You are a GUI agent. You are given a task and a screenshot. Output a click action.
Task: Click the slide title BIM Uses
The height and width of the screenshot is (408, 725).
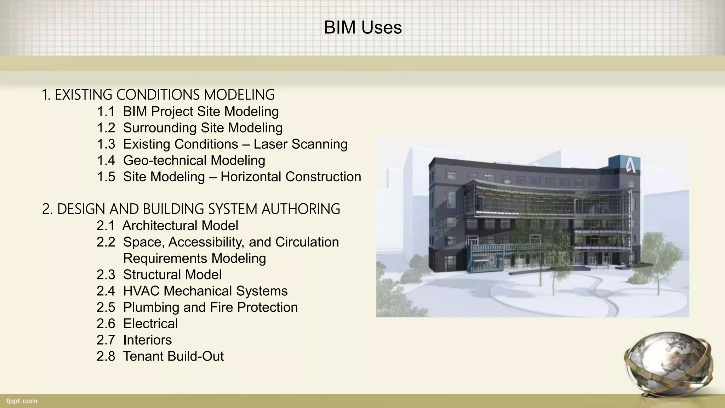[362, 28]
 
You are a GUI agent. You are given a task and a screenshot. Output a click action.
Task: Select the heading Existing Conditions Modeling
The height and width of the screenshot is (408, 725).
[158, 95]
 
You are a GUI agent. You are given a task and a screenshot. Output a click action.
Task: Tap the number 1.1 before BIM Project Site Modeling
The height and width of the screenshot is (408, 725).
[106, 112]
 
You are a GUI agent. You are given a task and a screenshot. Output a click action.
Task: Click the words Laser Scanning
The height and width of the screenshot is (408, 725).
[301, 144]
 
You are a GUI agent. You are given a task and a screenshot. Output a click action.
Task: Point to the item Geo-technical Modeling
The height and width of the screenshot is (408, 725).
[194, 160]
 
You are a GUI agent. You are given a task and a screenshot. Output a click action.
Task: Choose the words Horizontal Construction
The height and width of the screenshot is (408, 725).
[291, 177]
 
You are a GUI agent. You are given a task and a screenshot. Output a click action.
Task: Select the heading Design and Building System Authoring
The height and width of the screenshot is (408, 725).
[191, 209]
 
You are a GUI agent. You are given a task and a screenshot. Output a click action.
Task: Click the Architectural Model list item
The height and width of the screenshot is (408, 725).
[180, 226]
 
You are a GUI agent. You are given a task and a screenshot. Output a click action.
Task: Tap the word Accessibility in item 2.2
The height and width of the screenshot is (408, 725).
[206, 242]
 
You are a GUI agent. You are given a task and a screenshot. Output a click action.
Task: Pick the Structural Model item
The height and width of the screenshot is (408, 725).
[172, 274]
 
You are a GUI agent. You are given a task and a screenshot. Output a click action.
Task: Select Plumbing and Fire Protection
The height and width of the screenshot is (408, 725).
[210, 307]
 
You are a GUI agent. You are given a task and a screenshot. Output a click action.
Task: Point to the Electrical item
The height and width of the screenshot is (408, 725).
[150, 323]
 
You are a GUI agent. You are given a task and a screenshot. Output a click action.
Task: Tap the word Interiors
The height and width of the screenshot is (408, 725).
[147, 340]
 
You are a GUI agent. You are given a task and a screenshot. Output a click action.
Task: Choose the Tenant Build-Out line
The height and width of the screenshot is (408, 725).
[173, 356]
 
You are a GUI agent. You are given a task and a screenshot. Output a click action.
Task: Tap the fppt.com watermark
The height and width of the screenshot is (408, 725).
[22, 401]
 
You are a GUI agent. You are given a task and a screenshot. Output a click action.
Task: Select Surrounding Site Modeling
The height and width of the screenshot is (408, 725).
[202, 128]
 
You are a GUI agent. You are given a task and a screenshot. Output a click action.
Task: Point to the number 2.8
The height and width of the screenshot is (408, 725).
[106, 356]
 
